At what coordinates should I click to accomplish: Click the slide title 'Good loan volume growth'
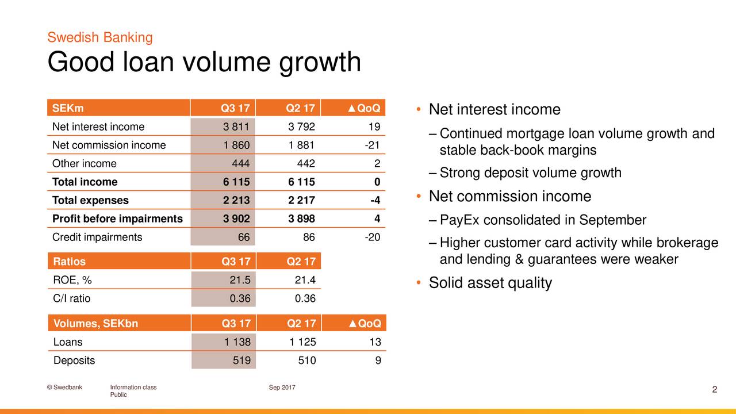[x=204, y=62]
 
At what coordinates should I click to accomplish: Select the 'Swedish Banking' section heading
[x=100, y=38]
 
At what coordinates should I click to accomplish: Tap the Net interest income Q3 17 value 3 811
[x=236, y=126]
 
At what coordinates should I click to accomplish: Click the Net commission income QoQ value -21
[x=371, y=145]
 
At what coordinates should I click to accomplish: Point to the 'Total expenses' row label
[x=90, y=200]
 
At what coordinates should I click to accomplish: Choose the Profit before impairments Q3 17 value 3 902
[x=236, y=218]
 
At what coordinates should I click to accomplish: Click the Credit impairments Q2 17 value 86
[x=308, y=237]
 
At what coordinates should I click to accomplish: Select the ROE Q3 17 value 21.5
[x=240, y=280]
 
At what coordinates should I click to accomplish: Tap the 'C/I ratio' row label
[x=72, y=298]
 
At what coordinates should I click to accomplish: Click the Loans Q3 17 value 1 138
[x=237, y=342]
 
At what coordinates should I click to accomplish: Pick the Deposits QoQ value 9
[x=377, y=361]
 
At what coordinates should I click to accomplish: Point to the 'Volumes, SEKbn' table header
[x=95, y=323]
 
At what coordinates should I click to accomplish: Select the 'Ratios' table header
[x=69, y=262]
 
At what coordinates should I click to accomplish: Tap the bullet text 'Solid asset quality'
[x=490, y=283]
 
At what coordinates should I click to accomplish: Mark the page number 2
[x=714, y=390]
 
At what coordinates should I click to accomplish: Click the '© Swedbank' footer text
[x=64, y=388]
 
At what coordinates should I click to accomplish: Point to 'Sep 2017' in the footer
[x=282, y=388]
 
